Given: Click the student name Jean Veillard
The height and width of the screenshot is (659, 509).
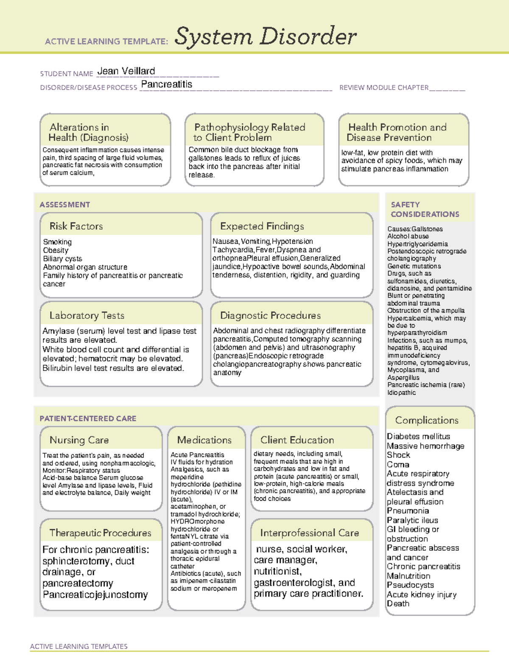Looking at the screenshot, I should (126, 71).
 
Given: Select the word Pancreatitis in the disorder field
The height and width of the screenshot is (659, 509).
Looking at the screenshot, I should (167, 84).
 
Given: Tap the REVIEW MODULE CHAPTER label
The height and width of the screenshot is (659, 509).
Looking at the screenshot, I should (383, 87).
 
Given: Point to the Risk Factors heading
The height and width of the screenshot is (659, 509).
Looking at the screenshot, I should (76, 226).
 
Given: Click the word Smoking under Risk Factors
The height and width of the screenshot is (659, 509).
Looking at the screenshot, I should (57, 242).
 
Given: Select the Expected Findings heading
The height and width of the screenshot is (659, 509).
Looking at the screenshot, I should (262, 226).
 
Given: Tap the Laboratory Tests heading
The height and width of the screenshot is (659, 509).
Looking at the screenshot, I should (87, 315).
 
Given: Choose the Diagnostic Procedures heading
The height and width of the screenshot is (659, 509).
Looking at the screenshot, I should (270, 315).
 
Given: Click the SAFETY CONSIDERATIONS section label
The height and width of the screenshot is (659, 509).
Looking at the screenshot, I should (425, 210).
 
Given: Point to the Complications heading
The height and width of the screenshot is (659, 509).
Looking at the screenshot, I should (427, 420).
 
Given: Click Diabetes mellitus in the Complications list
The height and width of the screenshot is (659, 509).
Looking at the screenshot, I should (418, 436).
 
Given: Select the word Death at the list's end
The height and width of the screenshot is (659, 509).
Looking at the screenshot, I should (398, 603).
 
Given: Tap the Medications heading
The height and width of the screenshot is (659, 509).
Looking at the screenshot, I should (204, 440).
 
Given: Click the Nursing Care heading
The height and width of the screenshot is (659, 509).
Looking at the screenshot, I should (79, 440).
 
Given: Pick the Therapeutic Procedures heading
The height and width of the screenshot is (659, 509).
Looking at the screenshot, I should (100, 533).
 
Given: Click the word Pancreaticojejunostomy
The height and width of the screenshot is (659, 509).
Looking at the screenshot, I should (95, 595).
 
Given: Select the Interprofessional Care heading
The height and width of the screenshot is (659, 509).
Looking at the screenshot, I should (309, 533).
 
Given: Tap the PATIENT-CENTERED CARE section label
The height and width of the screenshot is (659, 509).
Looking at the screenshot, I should (88, 418).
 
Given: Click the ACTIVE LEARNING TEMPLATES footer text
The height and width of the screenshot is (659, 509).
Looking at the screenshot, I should (79, 646).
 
